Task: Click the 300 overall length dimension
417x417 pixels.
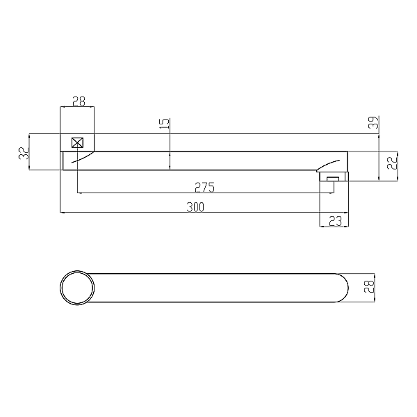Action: (x=195, y=207)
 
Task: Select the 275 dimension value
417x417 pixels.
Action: (x=204, y=187)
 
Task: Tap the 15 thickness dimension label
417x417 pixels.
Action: (x=165, y=124)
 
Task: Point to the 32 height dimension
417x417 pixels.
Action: (x=24, y=153)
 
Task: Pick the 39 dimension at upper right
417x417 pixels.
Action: (x=374, y=122)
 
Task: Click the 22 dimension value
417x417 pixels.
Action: (x=392, y=163)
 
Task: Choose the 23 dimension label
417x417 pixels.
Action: (x=335, y=221)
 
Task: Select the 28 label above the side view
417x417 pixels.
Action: (x=79, y=101)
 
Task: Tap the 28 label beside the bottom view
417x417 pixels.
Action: (x=369, y=286)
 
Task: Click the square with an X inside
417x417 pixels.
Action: (x=77, y=142)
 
